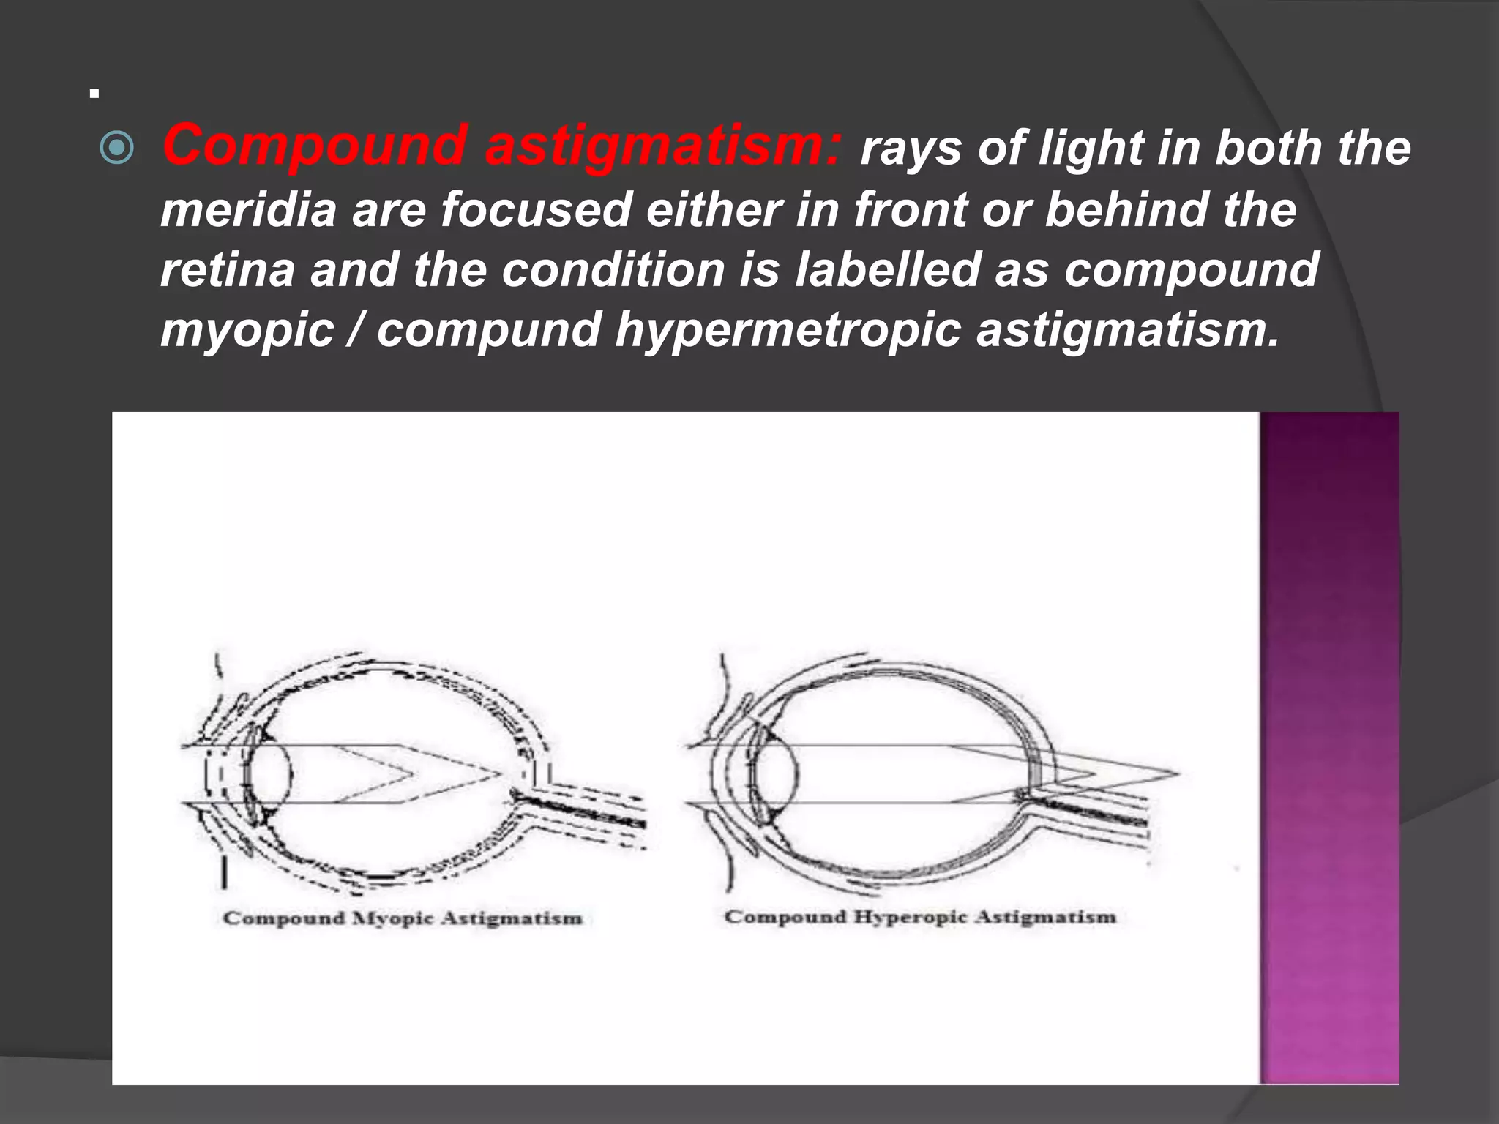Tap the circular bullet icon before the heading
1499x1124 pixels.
(116, 149)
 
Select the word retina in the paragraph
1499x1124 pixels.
(227, 269)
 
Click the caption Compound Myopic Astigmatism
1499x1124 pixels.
(403, 918)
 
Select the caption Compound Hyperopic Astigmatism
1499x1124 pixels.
(920, 917)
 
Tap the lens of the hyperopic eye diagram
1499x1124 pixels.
(777, 774)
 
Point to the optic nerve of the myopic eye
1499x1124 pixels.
(586, 812)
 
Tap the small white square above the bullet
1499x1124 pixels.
(94, 94)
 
